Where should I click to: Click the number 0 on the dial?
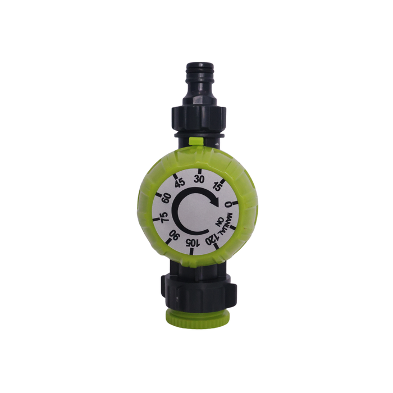click(x=228, y=205)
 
